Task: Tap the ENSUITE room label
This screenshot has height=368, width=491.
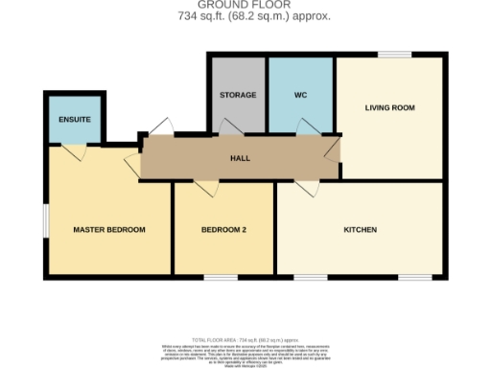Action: (73, 120)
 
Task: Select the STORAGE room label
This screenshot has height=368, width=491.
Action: (237, 96)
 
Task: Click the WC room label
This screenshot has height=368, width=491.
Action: (300, 96)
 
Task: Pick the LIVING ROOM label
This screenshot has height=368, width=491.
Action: (389, 107)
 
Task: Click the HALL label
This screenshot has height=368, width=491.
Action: (239, 158)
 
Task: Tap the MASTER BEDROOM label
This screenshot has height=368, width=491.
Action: (109, 230)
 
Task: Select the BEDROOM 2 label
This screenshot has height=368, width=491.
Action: (223, 230)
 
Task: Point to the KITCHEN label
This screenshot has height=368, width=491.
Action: (361, 230)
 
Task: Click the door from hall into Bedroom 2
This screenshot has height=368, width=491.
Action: (204, 187)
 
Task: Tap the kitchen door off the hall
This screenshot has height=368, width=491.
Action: (309, 188)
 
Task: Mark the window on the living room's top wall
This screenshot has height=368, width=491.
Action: (389, 55)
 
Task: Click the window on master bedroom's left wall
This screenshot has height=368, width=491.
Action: (44, 219)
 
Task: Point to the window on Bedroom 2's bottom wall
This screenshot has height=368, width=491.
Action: (222, 278)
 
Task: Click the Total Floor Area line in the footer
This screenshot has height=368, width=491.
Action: (245, 340)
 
